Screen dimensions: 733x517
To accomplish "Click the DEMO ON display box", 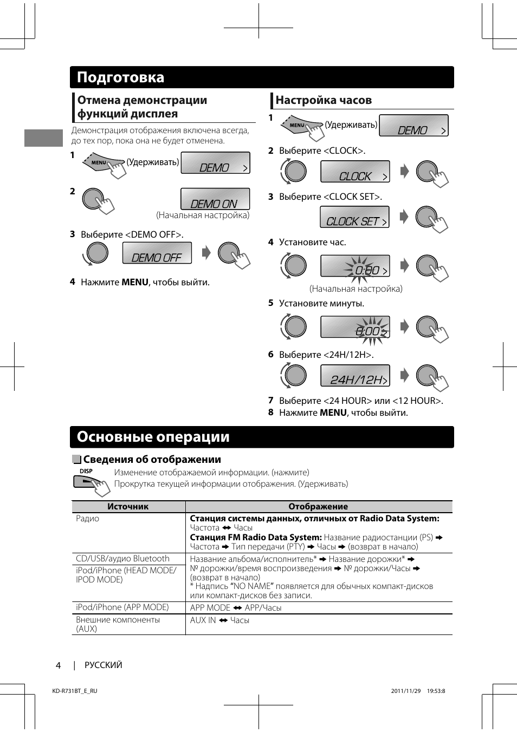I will (215, 199).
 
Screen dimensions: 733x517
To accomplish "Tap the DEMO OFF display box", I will (157, 253).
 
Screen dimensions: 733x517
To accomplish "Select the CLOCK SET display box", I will (355, 217).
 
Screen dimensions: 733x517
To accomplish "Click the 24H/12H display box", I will (355, 376).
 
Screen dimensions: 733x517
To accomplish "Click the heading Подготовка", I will (120, 77).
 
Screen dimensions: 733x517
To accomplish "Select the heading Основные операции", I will (153, 437).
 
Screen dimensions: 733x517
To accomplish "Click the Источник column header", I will (128, 507).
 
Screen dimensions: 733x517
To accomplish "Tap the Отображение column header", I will (318, 507).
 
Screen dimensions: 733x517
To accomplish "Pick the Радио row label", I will (88, 519).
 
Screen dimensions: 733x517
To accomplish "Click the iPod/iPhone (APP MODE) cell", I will (122, 607).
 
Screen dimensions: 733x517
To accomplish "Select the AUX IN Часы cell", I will (219, 620).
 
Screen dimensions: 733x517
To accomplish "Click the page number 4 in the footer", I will (58, 665).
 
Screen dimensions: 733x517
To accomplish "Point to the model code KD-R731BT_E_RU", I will (75, 691).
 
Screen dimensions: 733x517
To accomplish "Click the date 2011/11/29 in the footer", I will (406, 691).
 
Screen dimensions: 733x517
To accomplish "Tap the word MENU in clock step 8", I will (333, 413).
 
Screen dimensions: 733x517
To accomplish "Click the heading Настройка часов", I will (324, 100).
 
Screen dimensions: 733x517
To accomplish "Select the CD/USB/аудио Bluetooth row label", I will (122, 559).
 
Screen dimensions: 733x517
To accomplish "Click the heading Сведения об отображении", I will (152, 460).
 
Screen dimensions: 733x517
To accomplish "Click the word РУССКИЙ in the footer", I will (104, 665).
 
